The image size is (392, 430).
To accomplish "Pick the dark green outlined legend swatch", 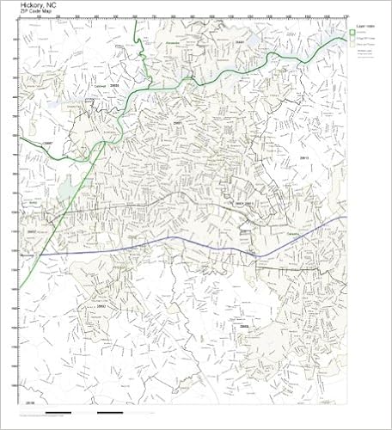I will click(x=353, y=31).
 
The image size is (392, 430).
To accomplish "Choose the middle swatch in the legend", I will click(x=353, y=39).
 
